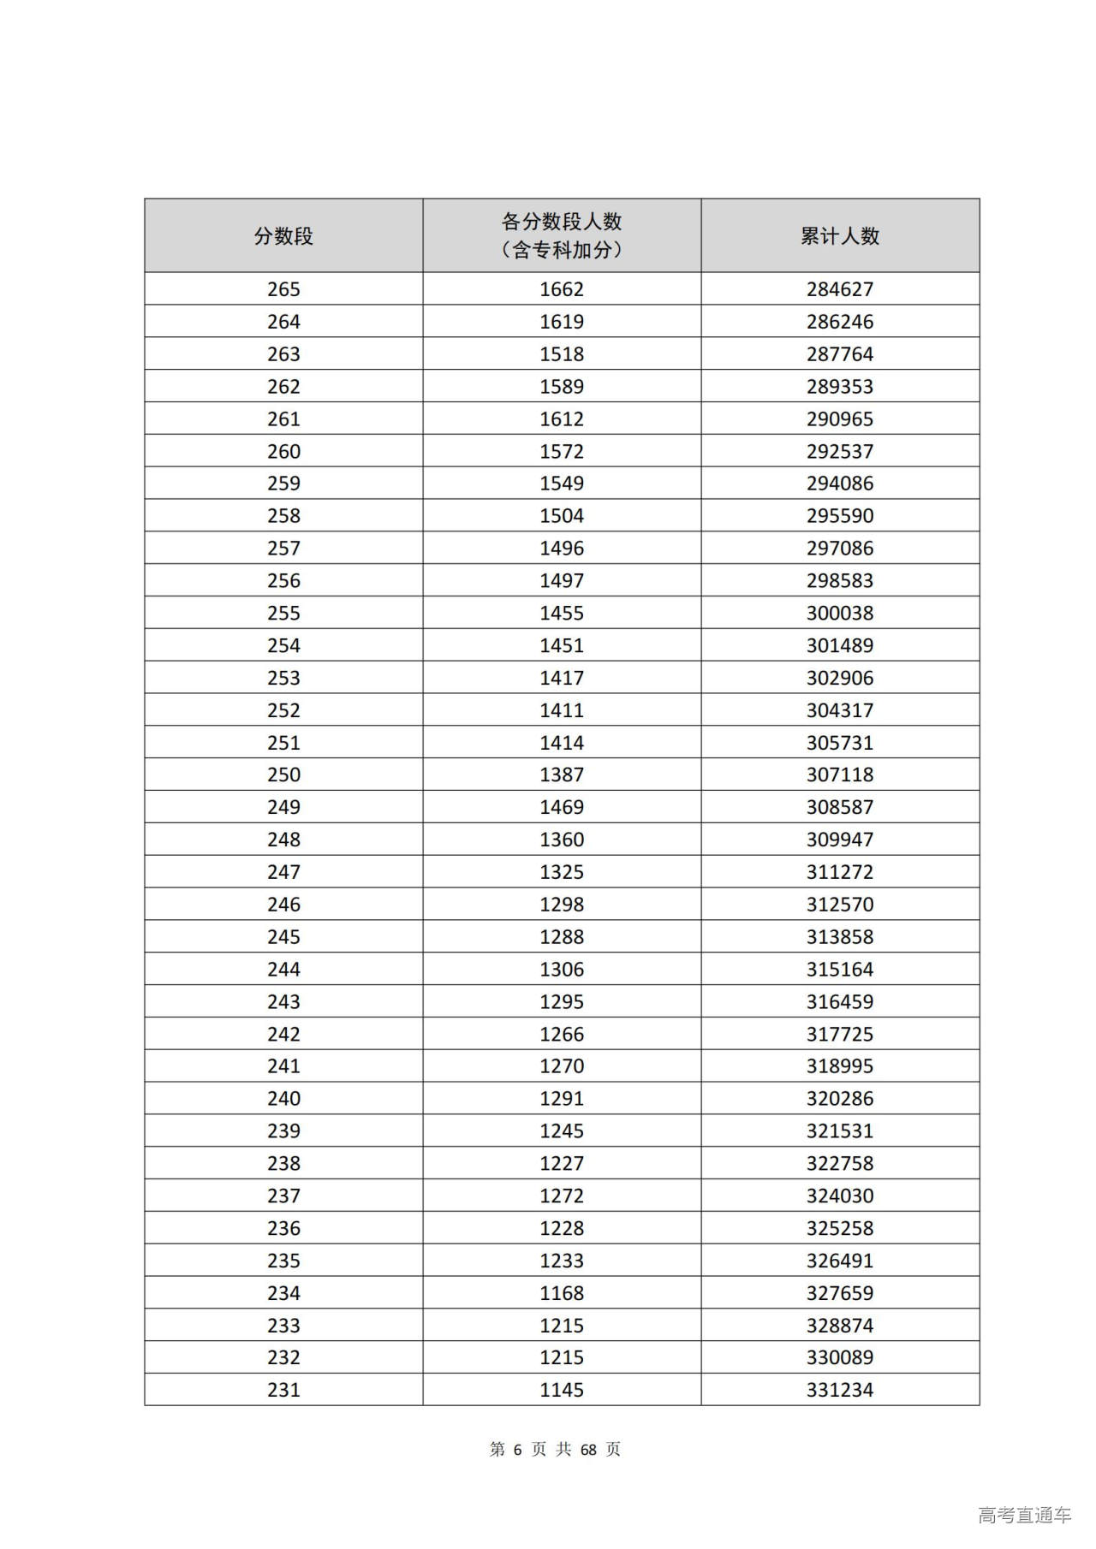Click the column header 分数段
click(283, 236)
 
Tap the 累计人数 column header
click(840, 236)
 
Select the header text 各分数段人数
click(562, 222)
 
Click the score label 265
click(283, 289)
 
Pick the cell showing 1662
click(562, 289)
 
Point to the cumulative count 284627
click(840, 289)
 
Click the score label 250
click(283, 774)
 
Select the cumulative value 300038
click(840, 613)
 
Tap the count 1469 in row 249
click(562, 807)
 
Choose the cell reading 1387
click(562, 774)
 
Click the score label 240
click(283, 1098)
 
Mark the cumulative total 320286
click(840, 1098)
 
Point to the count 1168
click(562, 1292)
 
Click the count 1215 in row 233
click(562, 1325)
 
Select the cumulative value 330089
click(840, 1357)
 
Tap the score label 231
click(283, 1390)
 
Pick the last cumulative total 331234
click(840, 1390)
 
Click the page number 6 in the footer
click(517, 1450)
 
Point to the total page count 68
click(588, 1450)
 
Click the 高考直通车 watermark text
click(1024, 1516)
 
